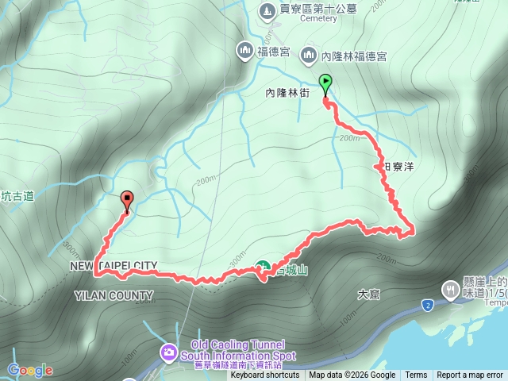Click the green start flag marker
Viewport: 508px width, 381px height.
pyautogui.click(x=325, y=82)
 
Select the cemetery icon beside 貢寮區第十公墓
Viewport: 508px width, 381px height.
pyautogui.click(x=265, y=10)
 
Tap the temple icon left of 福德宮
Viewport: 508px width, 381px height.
pyautogui.click(x=244, y=52)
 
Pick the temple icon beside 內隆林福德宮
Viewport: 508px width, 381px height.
pyautogui.click(x=308, y=56)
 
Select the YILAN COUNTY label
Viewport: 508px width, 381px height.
pyautogui.click(x=114, y=296)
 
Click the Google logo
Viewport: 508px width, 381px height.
pyautogui.click(x=30, y=370)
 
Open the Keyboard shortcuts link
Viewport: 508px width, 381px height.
pyautogui.click(x=265, y=375)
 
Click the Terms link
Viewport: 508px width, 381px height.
pyautogui.click(x=416, y=375)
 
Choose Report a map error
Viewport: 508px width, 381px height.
pyautogui.click(x=470, y=375)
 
